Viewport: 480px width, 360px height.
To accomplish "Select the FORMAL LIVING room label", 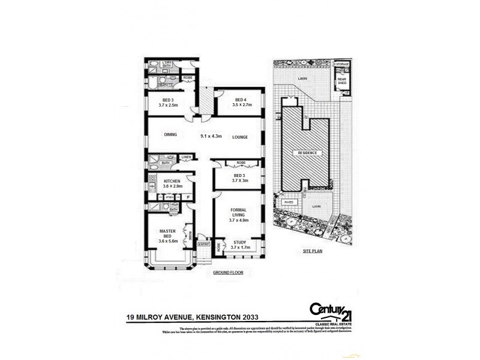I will point(239,214).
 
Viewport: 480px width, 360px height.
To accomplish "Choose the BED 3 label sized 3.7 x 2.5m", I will point(169,102).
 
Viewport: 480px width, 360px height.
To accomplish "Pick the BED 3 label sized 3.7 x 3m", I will point(239,178).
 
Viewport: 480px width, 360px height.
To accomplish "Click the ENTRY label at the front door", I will point(204,244).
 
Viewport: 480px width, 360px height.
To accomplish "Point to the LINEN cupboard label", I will point(186,157).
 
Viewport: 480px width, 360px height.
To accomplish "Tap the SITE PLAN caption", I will point(313,251).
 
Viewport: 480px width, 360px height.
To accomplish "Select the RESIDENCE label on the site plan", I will point(308,153).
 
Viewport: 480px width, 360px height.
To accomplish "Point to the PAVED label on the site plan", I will point(289,203).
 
